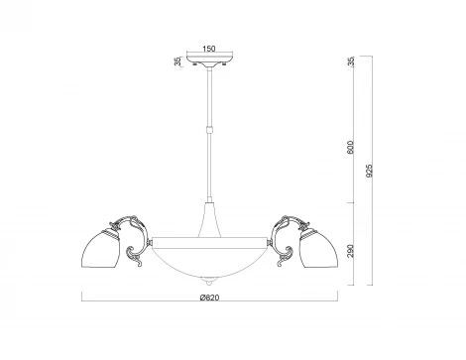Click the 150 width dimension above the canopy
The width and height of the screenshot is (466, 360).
(x=208, y=47)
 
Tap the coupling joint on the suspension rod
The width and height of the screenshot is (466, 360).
(x=208, y=128)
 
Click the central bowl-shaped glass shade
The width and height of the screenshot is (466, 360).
(x=208, y=255)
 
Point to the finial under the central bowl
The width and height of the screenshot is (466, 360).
(x=208, y=277)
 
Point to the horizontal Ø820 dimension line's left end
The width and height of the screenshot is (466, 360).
(x=81, y=302)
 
